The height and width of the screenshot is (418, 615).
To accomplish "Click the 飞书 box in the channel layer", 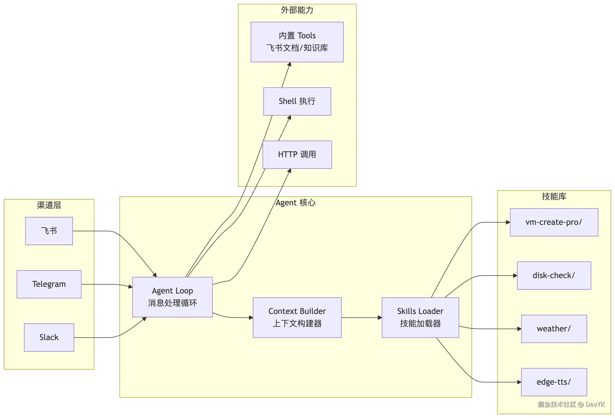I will pyautogui.click(x=49, y=231).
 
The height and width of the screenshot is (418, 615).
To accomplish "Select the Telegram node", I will pyautogui.click(x=49, y=284).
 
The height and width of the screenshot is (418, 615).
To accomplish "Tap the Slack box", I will pyautogui.click(x=49, y=337).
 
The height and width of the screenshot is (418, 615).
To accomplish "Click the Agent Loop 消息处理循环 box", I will pyautogui.click(x=172, y=297).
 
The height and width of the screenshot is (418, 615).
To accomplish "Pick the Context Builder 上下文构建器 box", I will pyautogui.click(x=297, y=317).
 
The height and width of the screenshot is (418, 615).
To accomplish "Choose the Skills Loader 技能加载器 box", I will pyautogui.click(x=420, y=317).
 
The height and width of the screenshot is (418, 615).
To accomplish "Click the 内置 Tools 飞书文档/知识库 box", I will pyautogui.click(x=297, y=42).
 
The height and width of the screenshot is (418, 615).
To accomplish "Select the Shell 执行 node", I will pyautogui.click(x=297, y=101).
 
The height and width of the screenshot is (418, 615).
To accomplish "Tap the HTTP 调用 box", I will pyautogui.click(x=297, y=154).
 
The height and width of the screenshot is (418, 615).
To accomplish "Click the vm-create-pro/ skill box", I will pyautogui.click(x=554, y=222).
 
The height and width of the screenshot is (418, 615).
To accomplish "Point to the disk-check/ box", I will pyautogui.click(x=554, y=276).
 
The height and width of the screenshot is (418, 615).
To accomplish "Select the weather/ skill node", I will pyautogui.click(x=554, y=329).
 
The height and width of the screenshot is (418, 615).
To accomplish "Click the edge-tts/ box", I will pyautogui.click(x=554, y=382).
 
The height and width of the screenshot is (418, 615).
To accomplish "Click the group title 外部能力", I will pyautogui.click(x=297, y=10).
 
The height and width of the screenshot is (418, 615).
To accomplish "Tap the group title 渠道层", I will pyautogui.click(x=49, y=205).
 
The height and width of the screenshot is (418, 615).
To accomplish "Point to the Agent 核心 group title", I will pyautogui.click(x=295, y=203).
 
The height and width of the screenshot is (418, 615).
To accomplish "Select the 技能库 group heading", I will pyautogui.click(x=554, y=196).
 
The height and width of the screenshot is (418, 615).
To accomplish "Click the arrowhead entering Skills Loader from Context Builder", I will pyautogui.click(x=380, y=318).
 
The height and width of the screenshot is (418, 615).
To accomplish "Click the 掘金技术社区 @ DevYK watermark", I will pyautogui.click(x=571, y=404).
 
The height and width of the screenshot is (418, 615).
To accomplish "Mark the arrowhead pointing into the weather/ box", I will pyautogui.click(x=519, y=329).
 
